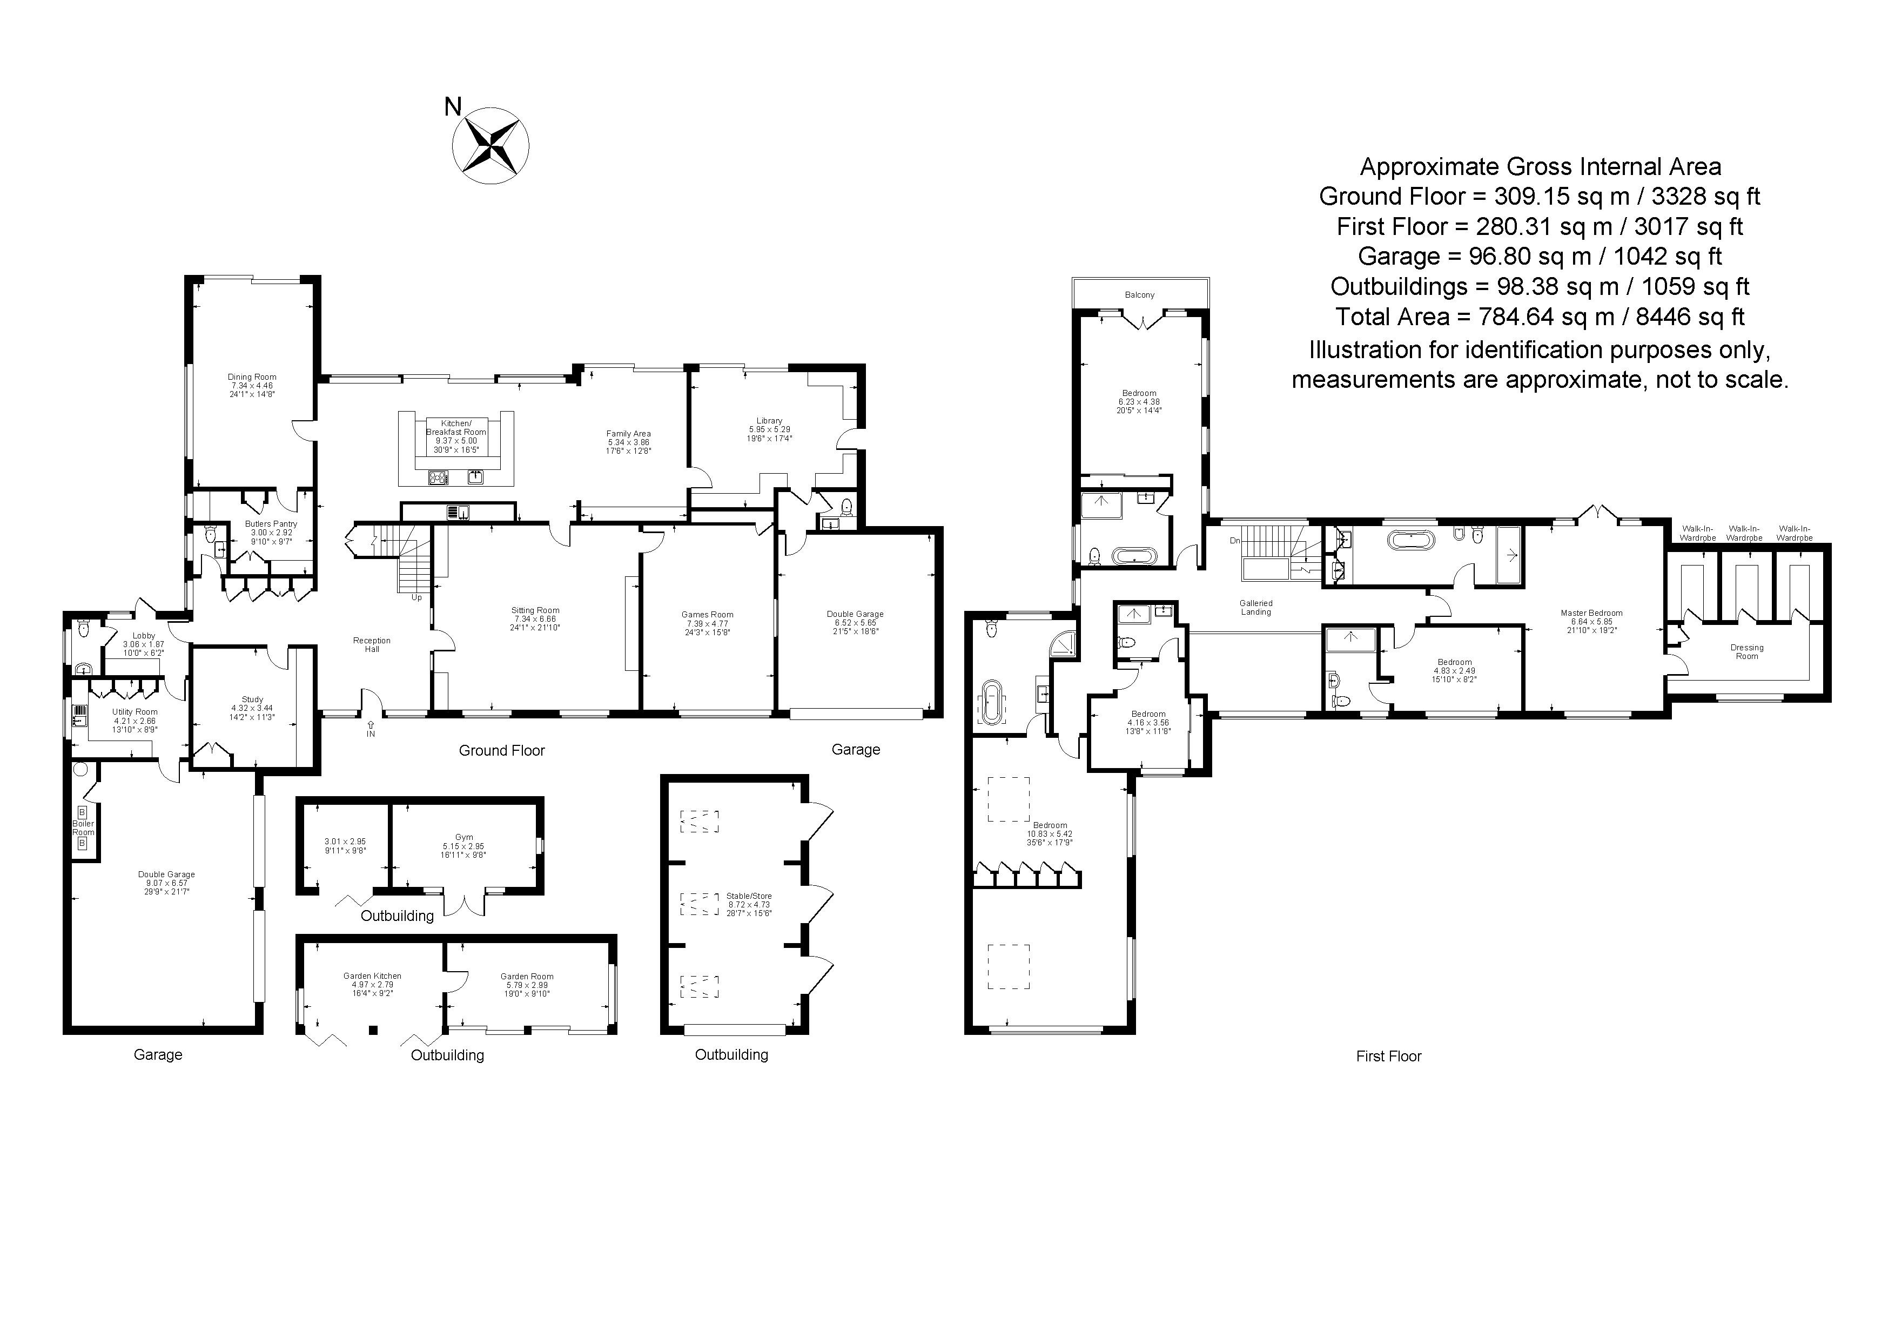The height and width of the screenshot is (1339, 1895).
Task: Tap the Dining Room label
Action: click(x=252, y=377)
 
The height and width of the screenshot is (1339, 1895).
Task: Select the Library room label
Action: click(x=769, y=421)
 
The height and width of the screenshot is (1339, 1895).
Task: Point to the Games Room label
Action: click(x=707, y=615)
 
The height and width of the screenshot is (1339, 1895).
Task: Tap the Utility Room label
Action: click(x=135, y=712)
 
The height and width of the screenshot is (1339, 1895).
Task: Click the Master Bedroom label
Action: click(x=1591, y=613)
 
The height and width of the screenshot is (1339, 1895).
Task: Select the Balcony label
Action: click(x=1140, y=294)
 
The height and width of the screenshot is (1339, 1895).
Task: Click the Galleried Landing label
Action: click(x=1255, y=607)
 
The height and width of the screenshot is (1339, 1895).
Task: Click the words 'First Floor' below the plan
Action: click(x=1388, y=1056)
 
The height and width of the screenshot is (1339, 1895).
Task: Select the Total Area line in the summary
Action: click(x=1540, y=317)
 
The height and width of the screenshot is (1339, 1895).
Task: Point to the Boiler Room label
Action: click(x=83, y=827)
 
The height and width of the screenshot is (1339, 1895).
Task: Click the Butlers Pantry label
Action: click(x=271, y=524)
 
